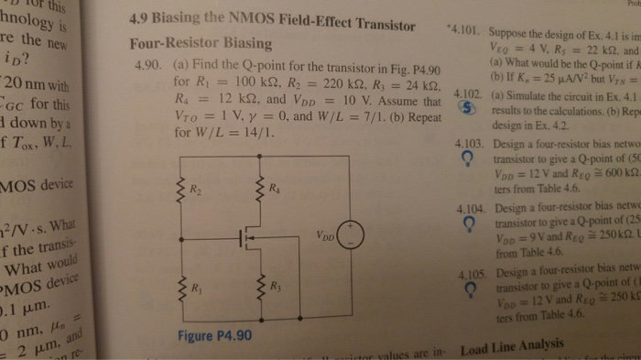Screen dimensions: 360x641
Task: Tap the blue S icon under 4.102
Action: coord(467,109)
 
